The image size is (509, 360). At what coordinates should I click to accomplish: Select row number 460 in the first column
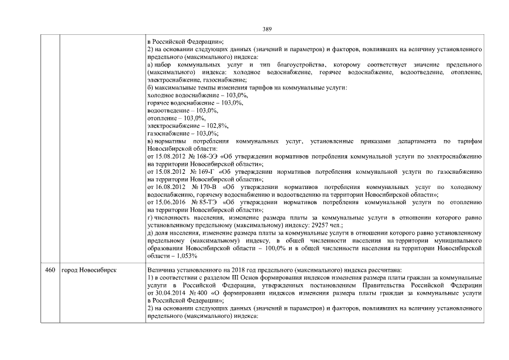coord(49,271)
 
